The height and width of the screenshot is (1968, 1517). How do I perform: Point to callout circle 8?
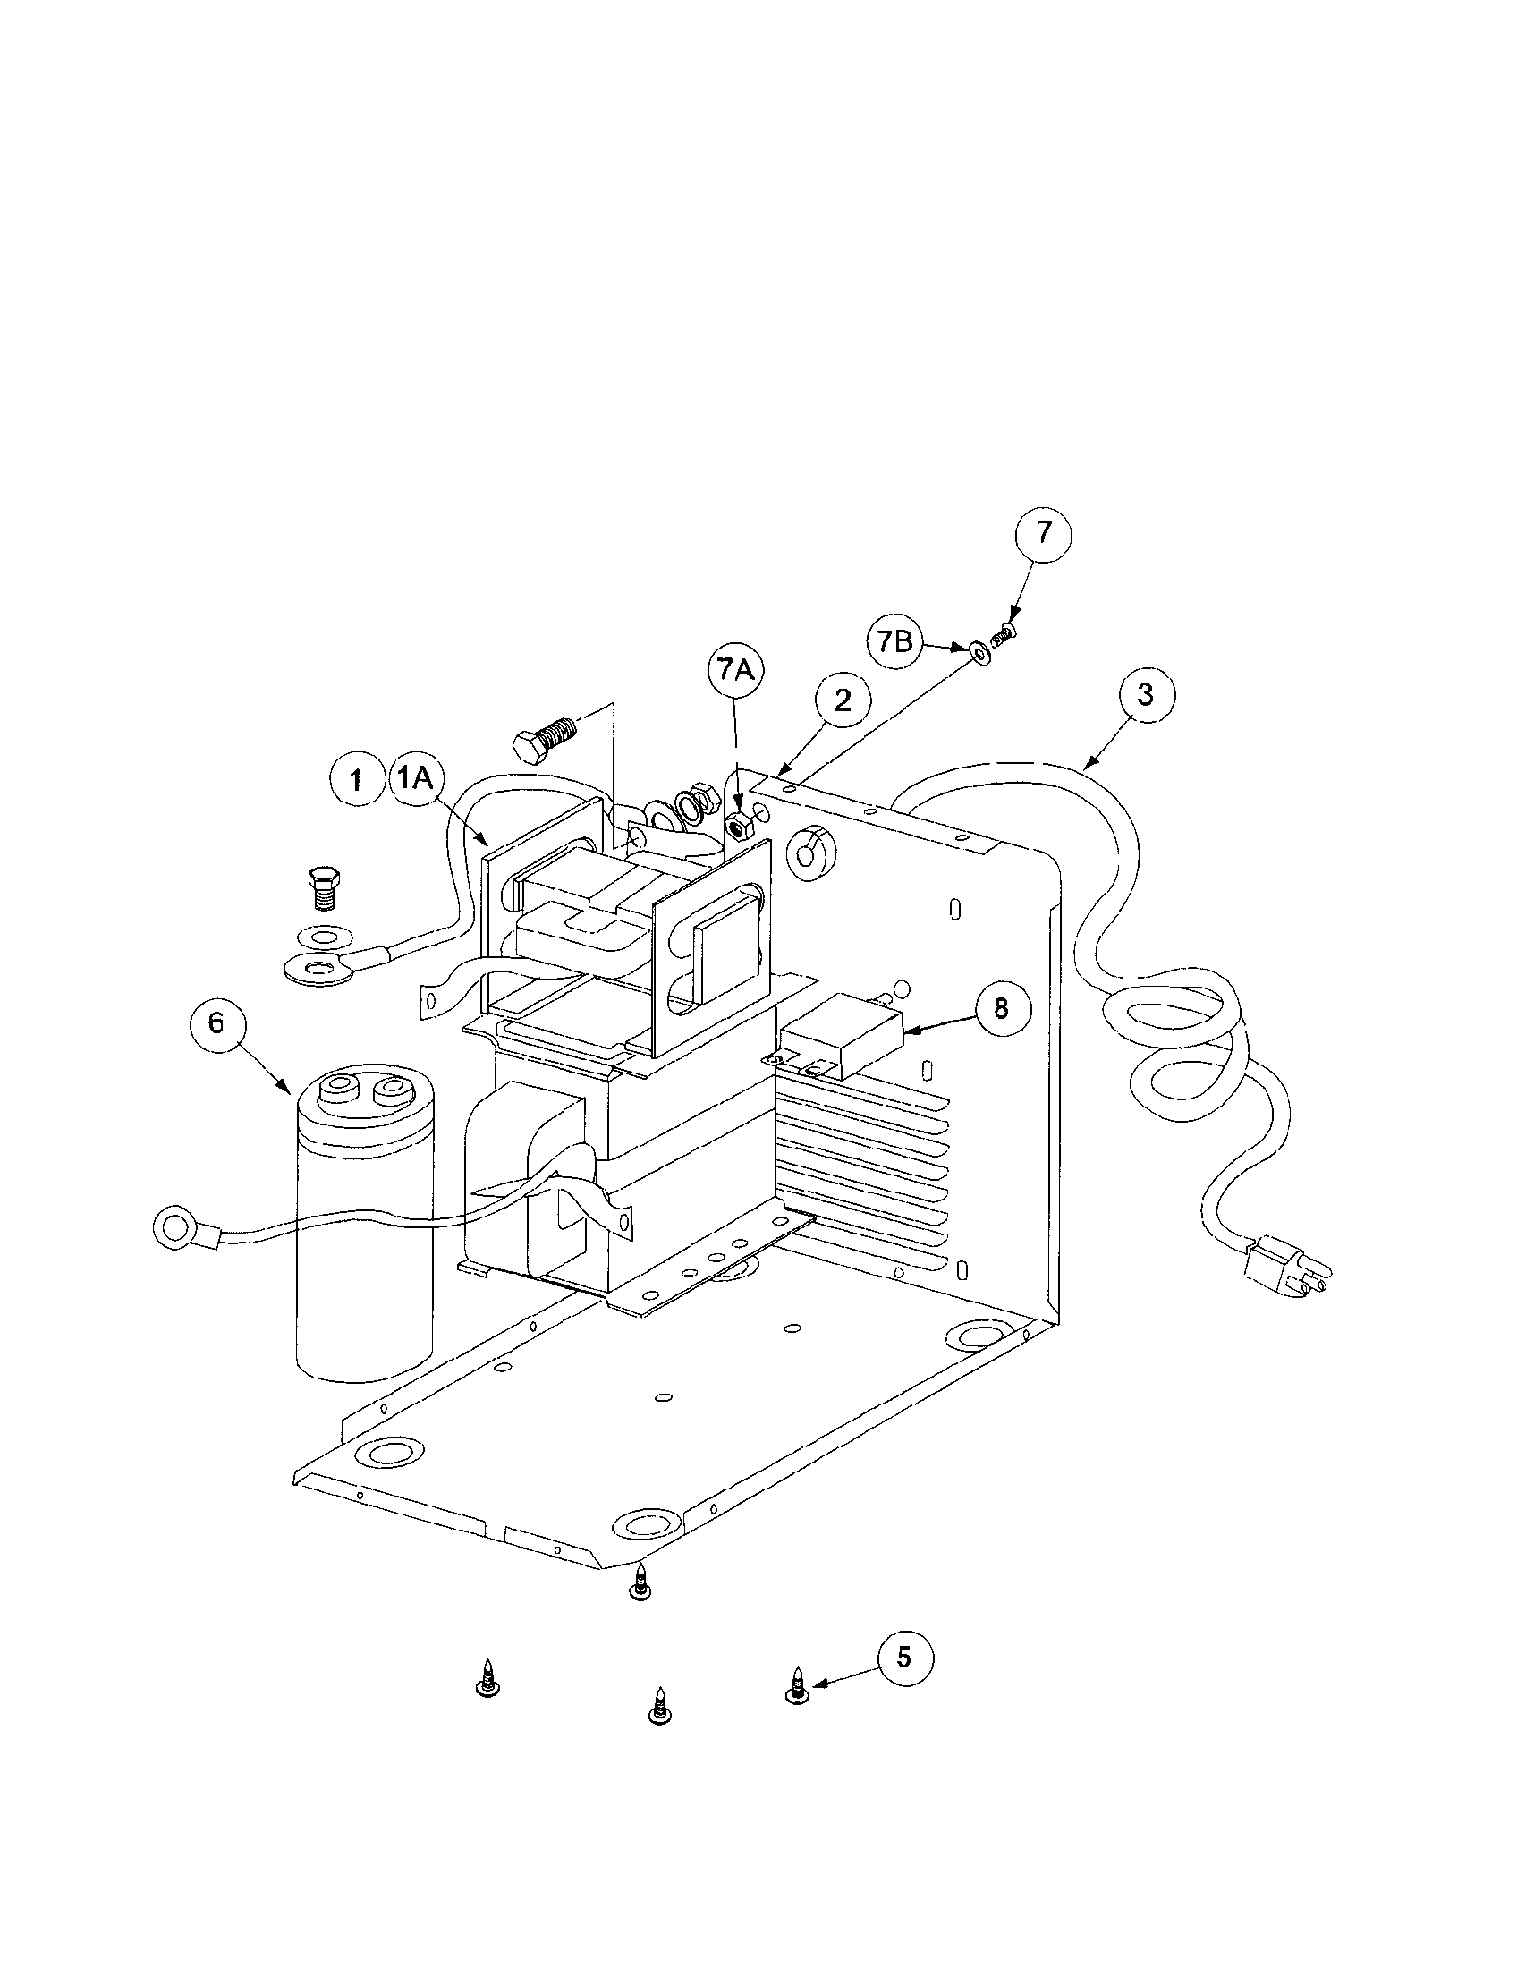pyautogui.click(x=1001, y=1008)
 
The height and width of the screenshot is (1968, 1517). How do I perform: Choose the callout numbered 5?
pyautogui.click(x=904, y=1656)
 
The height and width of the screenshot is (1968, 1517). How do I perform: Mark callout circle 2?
pyautogui.click(x=843, y=700)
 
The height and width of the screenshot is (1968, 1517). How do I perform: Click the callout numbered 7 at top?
pyautogui.click(x=1043, y=532)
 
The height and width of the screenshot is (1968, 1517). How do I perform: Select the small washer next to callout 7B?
pyautogui.click(x=979, y=650)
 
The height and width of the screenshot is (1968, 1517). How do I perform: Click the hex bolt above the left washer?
pyautogui.click(x=324, y=886)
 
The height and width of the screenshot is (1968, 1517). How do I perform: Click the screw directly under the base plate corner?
pyautogui.click(x=640, y=1583)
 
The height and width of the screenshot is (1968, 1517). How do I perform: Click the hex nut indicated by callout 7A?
pyautogui.click(x=739, y=823)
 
